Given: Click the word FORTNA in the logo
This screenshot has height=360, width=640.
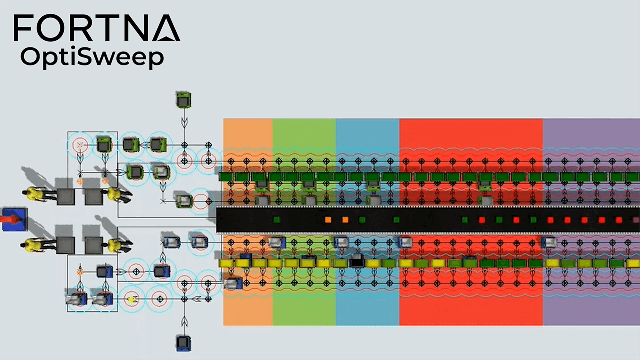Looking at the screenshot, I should pyautogui.click(x=96, y=28).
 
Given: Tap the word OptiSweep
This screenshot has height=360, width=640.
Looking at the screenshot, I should pyautogui.click(x=92, y=57).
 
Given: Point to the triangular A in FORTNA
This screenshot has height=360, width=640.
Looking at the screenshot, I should pyautogui.click(x=166, y=28).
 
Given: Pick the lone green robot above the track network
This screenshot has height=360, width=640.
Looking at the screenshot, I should pyautogui.click(x=184, y=100).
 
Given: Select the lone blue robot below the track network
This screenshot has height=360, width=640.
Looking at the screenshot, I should pyautogui.click(x=184, y=342).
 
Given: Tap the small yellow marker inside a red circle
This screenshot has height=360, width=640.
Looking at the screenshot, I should pyautogui.click(x=132, y=299).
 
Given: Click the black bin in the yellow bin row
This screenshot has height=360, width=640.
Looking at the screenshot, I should pyautogui.click(x=357, y=262).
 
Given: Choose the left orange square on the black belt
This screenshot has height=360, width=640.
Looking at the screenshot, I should pyautogui.click(x=328, y=219).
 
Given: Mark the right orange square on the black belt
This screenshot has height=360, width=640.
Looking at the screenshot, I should pyautogui.click(x=345, y=219).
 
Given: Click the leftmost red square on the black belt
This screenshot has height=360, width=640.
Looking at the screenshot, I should pyautogui.click(x=482, y=219).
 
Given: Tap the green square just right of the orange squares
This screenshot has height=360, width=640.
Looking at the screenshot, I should pyautogui.click(x=362, y=219).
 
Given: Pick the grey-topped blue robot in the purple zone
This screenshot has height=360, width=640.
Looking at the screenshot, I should pyautogui.click(x=548, y=242).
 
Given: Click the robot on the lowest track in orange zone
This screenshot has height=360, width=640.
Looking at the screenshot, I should pyautogui.click(x=233, y=284).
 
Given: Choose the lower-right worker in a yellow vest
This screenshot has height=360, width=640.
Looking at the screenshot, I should pyautogui.click(x=115, y=245).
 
